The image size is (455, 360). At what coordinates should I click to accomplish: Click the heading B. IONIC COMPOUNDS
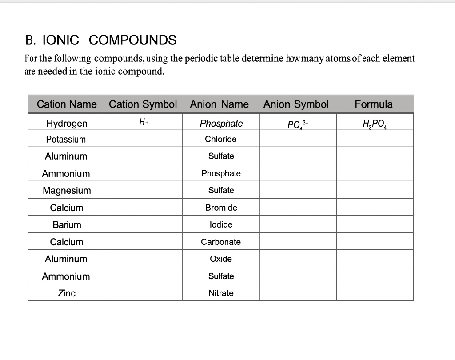[x=101, y=40]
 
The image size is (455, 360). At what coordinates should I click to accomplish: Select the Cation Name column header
[x=67, y=104]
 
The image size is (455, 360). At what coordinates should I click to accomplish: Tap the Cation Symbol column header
[x=143, y=104]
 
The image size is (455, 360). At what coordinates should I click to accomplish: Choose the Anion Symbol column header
[x=296, y=104]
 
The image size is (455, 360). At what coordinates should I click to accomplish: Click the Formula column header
[x=374, y=104]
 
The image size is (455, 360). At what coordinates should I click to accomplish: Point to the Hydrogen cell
[x=67, y=123]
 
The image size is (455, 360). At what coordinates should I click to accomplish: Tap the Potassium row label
[x=66, y=139]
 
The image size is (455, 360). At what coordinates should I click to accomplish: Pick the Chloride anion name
[x=221, y=139]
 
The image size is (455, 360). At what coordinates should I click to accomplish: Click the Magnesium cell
[x=67, y=191]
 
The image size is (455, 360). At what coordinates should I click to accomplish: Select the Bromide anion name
[x=221, y=208]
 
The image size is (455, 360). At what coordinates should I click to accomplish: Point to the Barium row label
[x=67, y=225]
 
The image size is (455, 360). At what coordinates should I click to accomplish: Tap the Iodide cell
[x=221, y=225]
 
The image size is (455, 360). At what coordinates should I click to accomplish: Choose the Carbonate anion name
[x=221, y=242]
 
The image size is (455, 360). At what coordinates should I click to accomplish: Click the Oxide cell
[x=221, y=259]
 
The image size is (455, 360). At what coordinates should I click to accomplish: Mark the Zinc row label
[x=67, y=293]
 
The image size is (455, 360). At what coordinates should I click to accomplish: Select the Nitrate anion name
[x=221, y=293]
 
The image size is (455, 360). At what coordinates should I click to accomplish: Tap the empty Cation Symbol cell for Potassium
[x=144, y=139]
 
